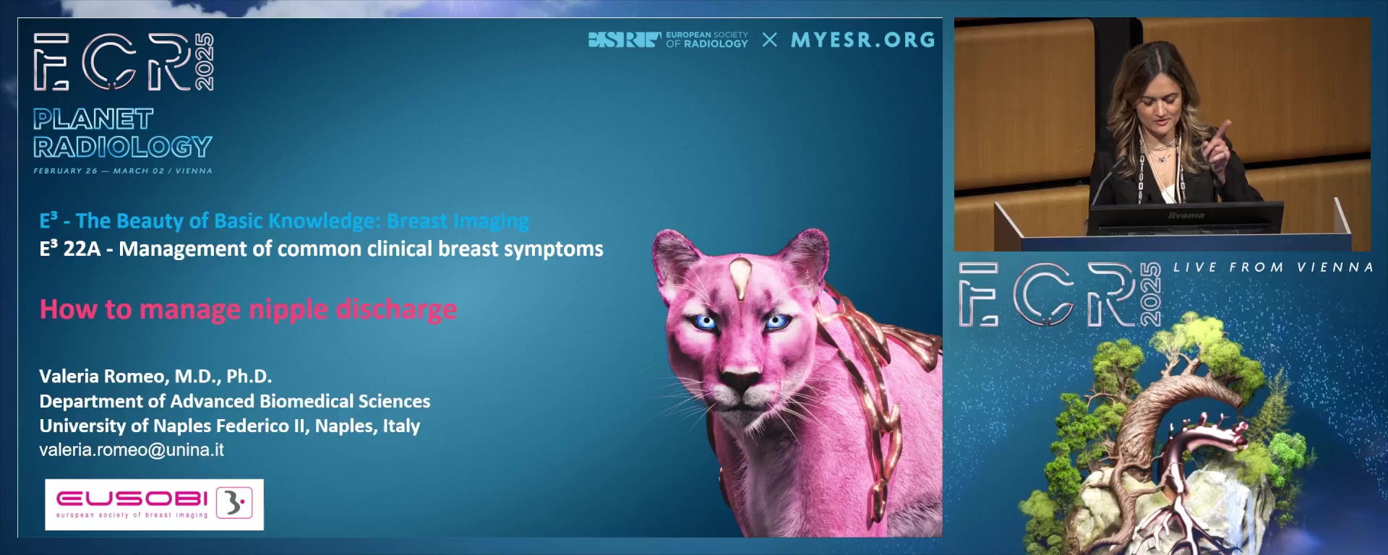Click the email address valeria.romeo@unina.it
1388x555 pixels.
pos(132,450)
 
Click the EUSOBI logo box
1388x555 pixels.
pos(154,504)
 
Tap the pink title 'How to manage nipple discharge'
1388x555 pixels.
pos(248,309)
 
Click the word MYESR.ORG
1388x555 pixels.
pos(863,40)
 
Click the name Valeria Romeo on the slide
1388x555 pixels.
pos(104,377)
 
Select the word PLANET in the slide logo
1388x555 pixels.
pos(93,119)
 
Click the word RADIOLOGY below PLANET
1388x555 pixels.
pos(122,147)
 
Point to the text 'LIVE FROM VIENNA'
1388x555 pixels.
pos(1273,267)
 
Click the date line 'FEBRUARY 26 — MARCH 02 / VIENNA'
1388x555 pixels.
pos(123,171)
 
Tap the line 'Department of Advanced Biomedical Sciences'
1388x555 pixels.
pos(235,401)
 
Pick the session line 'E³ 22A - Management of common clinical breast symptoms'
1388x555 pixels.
pos(321,249)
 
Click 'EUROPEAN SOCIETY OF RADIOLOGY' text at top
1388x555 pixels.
pos(707,40)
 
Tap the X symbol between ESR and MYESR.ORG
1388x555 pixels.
pos(770,40)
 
